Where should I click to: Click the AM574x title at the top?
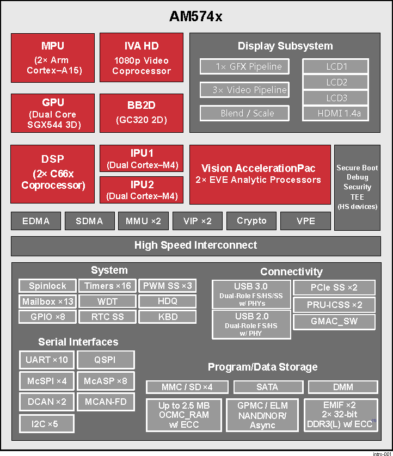196,17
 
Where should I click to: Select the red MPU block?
52,58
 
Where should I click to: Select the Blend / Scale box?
247,113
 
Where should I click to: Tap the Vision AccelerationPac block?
260,174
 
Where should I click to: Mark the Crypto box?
251,221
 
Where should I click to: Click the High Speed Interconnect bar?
196,245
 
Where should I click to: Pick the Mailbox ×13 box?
47,301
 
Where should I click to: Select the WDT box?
107,301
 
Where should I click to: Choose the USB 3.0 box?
251,294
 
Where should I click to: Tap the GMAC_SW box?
334,322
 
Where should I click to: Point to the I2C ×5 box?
46,423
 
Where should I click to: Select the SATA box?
267,387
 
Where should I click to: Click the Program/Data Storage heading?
262,367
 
